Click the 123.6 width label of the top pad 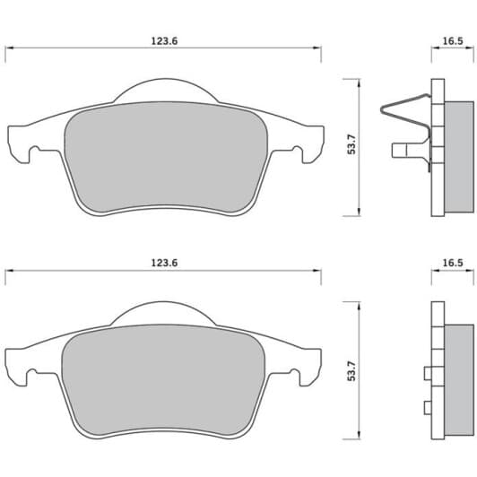click(x=164, y=41)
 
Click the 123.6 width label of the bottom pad click(x=164, y=263)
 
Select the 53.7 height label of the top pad click(x=351, y=144)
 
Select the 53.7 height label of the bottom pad click(x=351, y=371)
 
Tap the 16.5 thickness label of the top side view click(x=453, y=41)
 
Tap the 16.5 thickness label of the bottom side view click(x=453, y=263)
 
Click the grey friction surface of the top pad click(x=166, y=158)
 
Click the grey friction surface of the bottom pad click(x=163, y=381)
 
